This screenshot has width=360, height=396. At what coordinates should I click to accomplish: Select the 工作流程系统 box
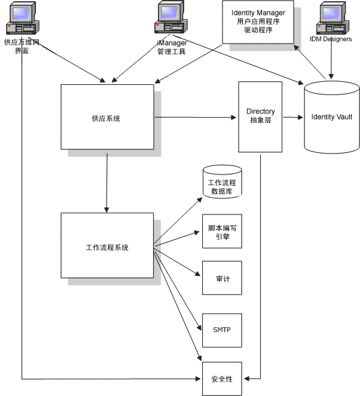[107, 247]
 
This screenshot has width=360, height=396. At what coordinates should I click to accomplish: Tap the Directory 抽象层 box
[260, 116]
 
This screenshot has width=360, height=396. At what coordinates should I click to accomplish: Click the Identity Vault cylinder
[331, 117]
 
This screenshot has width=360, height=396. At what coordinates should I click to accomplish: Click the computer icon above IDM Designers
[333, 19]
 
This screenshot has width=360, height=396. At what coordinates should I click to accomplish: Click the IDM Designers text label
[331, 39]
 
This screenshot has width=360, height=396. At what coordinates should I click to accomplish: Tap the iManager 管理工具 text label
[171, 47]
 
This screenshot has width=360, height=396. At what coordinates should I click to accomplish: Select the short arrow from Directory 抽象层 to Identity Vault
[292, 117]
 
